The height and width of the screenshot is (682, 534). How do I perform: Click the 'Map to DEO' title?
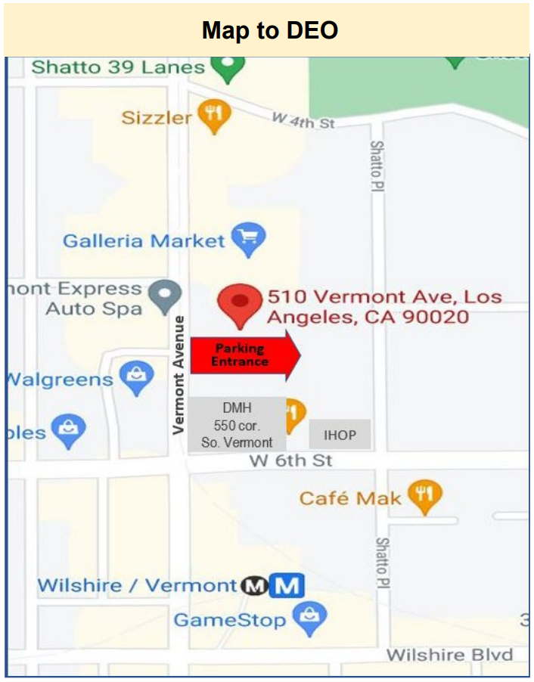[269, 30]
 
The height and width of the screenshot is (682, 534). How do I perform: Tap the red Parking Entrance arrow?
[245, 355]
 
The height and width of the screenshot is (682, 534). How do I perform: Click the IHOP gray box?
[340, 435]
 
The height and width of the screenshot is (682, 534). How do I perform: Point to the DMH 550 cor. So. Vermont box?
[237, 425]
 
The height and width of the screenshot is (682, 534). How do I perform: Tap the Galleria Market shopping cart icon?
[248, 240]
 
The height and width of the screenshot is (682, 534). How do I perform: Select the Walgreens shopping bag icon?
[137, 379]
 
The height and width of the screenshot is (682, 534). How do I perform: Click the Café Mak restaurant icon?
[424, 496]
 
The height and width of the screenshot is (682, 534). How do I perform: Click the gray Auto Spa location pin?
[164, 296]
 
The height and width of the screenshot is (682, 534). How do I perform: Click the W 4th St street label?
[303, 121]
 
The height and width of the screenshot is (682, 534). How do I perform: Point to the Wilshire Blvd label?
[449, 655]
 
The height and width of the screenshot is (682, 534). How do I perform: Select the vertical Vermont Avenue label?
[179, 374]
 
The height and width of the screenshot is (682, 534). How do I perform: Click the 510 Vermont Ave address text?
[384, 306]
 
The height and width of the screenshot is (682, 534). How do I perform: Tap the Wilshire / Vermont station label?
[137, 585]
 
